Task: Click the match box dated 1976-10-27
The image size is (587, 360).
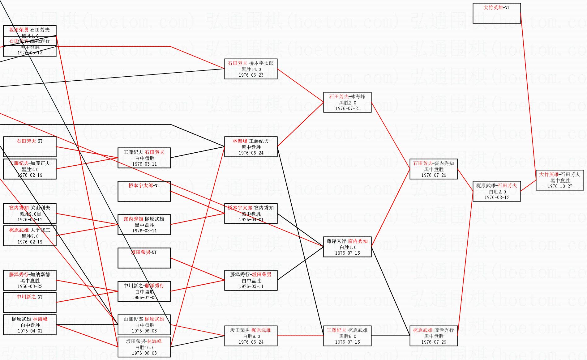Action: [x=560, y=180]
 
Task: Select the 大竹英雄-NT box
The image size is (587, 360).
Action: [x=496, y=13]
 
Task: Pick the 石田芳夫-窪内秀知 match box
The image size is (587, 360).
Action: [x=433, y=169]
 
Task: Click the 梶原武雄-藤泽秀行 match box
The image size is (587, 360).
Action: [x=433, y=336]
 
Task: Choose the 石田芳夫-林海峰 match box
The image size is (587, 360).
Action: [x=347, y=102]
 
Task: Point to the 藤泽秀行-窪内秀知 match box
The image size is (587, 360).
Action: [x=347, y=247]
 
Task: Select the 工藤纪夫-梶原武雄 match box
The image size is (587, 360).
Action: [x=347, y=336]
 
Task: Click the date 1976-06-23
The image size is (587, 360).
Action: [x=251, y=75]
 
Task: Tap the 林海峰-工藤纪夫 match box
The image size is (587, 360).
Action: [x=251, y=147]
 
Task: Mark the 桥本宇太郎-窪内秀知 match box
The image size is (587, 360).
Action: [x=251, y=214]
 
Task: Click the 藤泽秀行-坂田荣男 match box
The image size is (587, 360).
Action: [x=251, y=280]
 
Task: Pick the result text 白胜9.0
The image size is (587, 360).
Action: [x=251, y=336]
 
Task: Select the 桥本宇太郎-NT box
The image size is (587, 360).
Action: [x=144, y=191]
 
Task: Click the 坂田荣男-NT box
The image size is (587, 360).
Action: [x=144, y=258]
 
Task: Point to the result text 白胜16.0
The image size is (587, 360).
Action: [x=144, y=347]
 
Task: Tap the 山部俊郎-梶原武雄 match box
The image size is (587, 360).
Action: [x=144, y=325]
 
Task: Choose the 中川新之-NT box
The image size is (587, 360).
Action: [x=30, y=303]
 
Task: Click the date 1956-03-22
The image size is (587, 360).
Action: [x=30, y=286]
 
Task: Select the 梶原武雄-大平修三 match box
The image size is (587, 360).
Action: [x=30, y=236]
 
